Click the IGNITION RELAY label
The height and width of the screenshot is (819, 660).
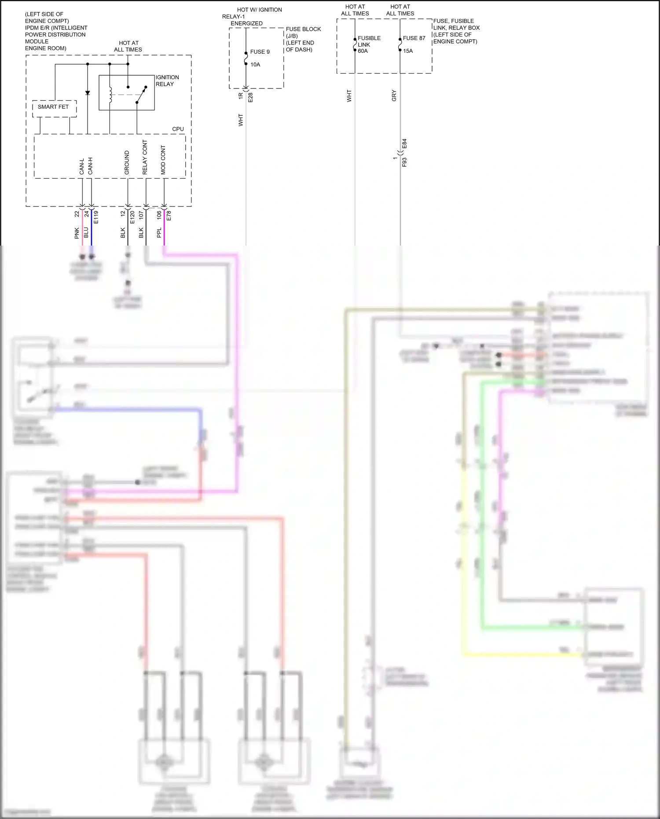tap(167, 81)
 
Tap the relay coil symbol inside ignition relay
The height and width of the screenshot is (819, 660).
tap(110, 95)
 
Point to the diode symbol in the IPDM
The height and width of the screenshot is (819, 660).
tap(88, 93)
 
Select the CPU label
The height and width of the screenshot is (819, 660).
tap(178, 129)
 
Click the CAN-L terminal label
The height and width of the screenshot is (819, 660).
tap(82, 166)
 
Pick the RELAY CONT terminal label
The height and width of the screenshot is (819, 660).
tap(145, 158)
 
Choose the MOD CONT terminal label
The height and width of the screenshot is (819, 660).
tap(163, 160)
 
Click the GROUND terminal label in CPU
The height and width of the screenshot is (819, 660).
tap(127, 162)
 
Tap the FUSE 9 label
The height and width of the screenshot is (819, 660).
tap(260, 52)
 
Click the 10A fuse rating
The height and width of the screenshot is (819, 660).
tap(255, 65)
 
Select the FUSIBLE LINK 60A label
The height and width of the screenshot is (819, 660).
tap(369, 44)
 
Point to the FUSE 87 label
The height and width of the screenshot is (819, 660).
tap(414, 38)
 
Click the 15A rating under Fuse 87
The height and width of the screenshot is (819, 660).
tap(408, 51)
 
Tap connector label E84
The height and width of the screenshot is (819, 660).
tap(405, 144)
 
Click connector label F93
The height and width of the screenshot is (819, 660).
tap(405, 162)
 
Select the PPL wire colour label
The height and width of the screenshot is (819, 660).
tap(159, 233)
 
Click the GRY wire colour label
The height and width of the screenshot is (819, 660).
tap(394, 95)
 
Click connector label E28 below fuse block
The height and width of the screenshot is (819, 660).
tap(251, 97)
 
